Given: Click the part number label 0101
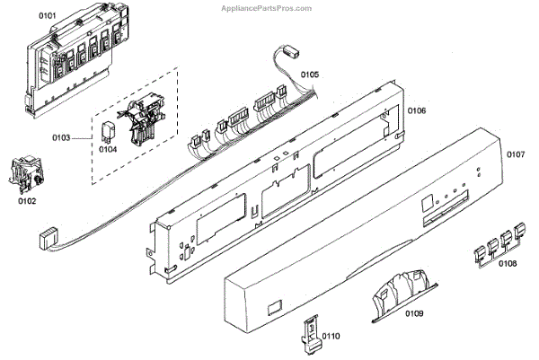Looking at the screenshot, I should point(47,15).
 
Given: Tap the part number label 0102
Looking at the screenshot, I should point(27,201).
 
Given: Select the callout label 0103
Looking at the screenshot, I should point(86,138).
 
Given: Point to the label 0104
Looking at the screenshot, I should point(109,149).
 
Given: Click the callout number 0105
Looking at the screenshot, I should point(310,74).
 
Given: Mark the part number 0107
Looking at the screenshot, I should point(514,154).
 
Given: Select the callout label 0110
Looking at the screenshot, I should point(331,336).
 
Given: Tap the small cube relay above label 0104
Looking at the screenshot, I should point(108,126).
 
